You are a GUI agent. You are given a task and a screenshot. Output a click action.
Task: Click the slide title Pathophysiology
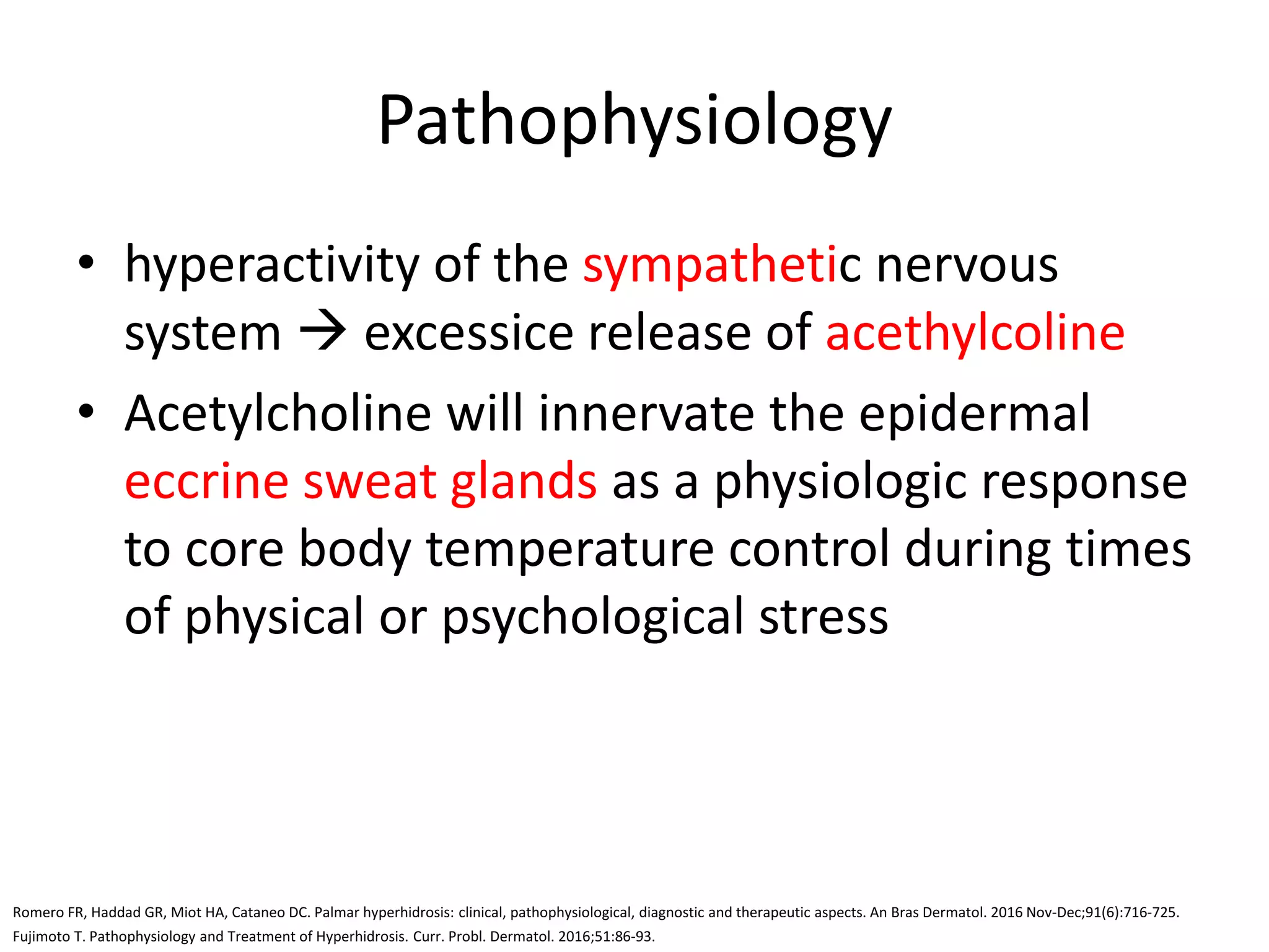pyautogui.click(x=634, y=121)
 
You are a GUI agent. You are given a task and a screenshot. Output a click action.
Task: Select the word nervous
pyautogui.click(x=967, y=265)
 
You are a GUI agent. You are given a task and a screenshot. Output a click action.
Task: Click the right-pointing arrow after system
pyautogui.click(x=322, y=333)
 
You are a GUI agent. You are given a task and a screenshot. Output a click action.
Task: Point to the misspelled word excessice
pyautogui.click(x=468, y=333)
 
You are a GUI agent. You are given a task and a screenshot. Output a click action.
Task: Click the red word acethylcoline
pyautogui.click(x=975, y=333)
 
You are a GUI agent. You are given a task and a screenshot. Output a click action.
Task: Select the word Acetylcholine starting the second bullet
pyautogui.click(x=278, y=413)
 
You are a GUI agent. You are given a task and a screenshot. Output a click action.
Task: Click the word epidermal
pyautogui.click(x=974, y=413)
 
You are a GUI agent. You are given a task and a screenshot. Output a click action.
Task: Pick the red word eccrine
pyautogui.click(x=206, y=482)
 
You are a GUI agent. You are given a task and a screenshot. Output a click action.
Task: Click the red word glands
pyautogui.click(x=524, y=482)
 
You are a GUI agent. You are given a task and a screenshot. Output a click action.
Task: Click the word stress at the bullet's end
pyautogui.click(x=823, y=617)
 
